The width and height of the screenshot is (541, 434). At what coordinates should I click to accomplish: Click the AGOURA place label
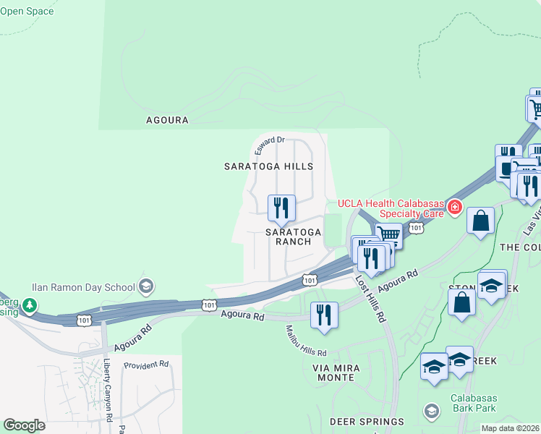click(x=167, y=120)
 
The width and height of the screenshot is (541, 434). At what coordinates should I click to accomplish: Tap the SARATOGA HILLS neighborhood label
click(x=268, y=166)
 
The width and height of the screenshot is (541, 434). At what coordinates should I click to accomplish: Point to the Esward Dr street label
click(x=270, y=145)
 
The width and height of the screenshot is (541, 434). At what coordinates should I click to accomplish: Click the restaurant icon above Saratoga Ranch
click(x=281, y=208)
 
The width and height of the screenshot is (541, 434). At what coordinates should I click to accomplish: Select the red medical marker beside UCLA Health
click(x=455, y=208)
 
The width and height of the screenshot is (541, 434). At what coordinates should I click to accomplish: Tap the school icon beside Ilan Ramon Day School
click(x=146, y=286)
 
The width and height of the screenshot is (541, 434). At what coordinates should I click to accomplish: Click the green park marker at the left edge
click(x=29, y=306)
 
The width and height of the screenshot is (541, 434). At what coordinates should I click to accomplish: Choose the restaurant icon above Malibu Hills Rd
click(x=324, y=315)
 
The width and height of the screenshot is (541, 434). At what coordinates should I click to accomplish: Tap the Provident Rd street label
click(x=146, y=365)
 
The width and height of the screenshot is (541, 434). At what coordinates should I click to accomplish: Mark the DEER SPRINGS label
click(x=367, y=422)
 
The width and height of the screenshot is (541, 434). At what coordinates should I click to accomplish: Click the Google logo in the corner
click(x=25, y=425)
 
